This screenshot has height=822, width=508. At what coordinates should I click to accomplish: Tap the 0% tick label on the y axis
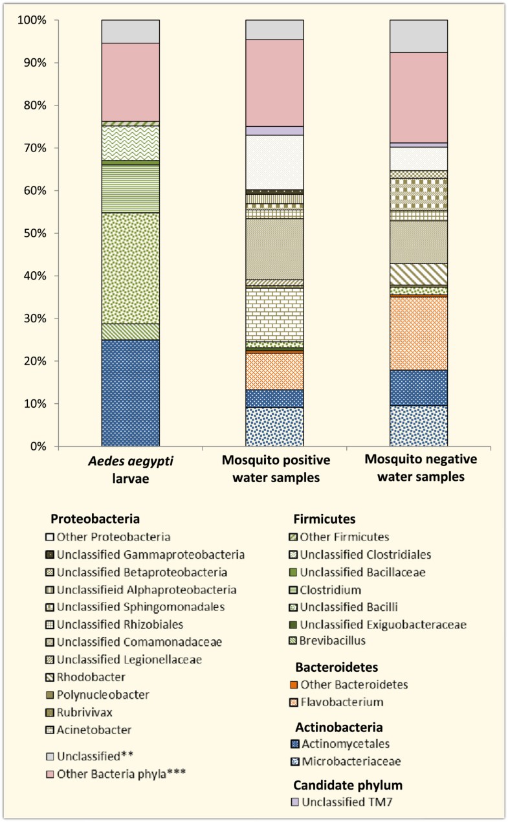[x=36, y=447]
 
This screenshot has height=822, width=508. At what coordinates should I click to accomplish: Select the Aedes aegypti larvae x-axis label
[x=130, y=469]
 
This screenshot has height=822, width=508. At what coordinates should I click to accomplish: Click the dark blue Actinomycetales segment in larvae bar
[x=130, y=393]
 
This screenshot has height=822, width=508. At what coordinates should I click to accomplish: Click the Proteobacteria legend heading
[x=95, y=518]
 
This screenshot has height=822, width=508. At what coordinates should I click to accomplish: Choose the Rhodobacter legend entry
[x=91, y=677]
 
